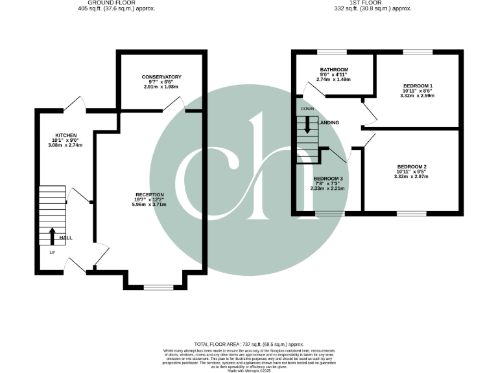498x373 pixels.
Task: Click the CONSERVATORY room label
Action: click(161, 77)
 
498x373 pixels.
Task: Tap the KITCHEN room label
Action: click(66, 135)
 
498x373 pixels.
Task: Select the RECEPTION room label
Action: click(150, 194)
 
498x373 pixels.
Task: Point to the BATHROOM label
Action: click(334, 70)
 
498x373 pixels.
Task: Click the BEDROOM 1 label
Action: click(418, 86)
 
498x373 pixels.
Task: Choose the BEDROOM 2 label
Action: click(412, 166)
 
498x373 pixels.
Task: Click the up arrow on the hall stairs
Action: click(53, 235)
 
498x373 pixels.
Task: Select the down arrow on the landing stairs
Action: click(307, 126)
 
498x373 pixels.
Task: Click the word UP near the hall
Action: click(51, 252)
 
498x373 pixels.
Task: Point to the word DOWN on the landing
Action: click(307, 109)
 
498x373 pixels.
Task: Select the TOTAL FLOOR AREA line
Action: click(249, 345)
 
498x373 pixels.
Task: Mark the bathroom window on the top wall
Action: click(331, 51)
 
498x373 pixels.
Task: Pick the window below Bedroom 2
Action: click(412, 213)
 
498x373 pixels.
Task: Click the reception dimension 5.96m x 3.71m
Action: click(150, 205)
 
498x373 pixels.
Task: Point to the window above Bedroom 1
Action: click(413, 51)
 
